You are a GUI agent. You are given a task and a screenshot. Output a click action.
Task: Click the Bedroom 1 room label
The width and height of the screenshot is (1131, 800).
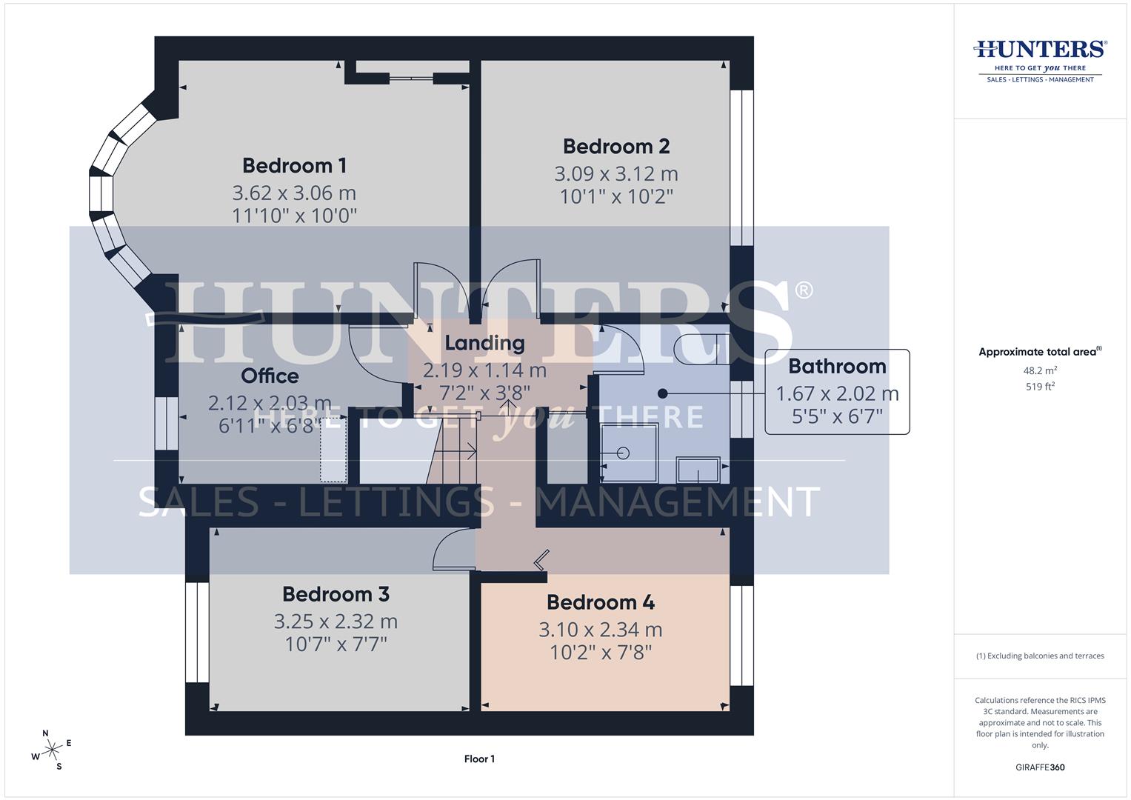[x=294, y=165]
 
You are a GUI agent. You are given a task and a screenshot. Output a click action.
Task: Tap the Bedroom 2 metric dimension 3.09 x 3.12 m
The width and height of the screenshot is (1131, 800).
[x=615, y=174]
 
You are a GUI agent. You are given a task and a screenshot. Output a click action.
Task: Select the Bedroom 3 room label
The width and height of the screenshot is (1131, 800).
[x=336, y=594]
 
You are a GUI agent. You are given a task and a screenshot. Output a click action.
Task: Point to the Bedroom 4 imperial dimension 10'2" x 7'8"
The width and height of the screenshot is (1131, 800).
[x=600, y=653]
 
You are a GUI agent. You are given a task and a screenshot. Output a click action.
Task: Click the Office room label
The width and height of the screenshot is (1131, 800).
[x=270, y=376]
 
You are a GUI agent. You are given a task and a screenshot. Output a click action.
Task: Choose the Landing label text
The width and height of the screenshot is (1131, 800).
[x=484, y=343]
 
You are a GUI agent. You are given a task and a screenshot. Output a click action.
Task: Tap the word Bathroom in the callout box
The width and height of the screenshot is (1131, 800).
[x=837, y=366]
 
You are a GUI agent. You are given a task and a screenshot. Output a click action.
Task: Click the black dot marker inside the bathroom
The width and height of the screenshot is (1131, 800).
[x=663, y=393]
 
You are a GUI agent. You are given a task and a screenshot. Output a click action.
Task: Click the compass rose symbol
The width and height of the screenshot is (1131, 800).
[x=52, y=750]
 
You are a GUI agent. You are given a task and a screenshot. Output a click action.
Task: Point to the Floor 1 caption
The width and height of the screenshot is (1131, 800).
[x=479, y=759]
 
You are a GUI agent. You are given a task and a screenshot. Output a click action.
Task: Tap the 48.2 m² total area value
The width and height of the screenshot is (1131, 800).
[x=1040, y=370]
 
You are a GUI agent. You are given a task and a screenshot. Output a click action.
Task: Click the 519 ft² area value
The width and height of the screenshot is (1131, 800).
[x=1040, y=387]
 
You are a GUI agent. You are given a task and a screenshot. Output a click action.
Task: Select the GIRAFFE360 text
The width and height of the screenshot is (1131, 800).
[x=1040, y=767]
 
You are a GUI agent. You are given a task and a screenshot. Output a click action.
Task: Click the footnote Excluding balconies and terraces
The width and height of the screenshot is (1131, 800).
[x=1040, y=656]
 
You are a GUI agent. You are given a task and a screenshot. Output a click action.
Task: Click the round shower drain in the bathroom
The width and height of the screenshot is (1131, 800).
[x=623, y=453]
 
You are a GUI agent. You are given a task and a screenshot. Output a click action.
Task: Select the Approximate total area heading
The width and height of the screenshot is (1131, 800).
[x=1040, y=352]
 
